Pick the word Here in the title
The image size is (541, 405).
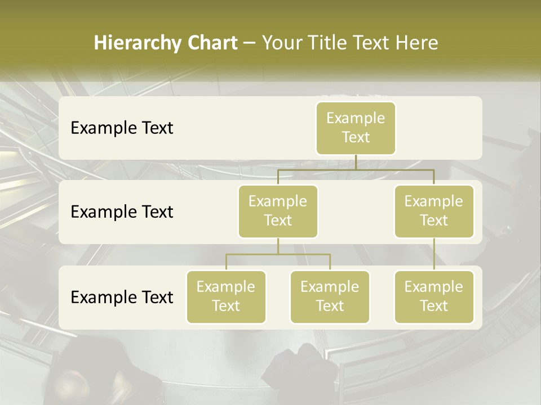point(417,43)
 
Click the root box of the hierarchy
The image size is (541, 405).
point(356,128)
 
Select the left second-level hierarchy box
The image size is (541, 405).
point(278,211)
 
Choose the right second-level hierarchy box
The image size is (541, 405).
point(434,211)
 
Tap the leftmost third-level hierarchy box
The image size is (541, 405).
point(226,296)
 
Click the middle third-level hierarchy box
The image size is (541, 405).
point(330,296)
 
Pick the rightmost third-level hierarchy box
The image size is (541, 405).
point(434,296)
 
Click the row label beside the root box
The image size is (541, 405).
point(122,128)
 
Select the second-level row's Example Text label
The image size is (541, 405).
point(122,211)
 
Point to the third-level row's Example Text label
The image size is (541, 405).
point(122,297)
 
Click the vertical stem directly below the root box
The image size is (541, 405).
point(356,162)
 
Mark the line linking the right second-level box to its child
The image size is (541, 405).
point(434,254)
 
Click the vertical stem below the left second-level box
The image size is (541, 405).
point(278,246)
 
